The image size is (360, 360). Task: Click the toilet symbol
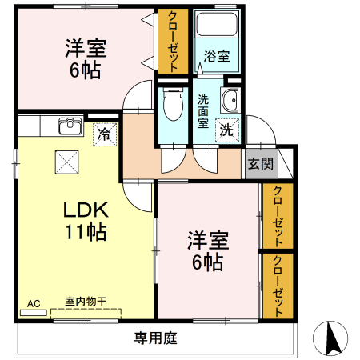171,104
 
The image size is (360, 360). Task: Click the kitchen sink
70,126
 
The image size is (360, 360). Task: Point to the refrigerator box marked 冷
103,133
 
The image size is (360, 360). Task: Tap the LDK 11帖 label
85,222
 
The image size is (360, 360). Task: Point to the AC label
34,304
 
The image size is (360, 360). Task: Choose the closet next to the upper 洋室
173,42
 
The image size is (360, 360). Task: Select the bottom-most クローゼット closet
278,286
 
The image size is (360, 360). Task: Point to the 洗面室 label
203,112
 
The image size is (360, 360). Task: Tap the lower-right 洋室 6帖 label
208,250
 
